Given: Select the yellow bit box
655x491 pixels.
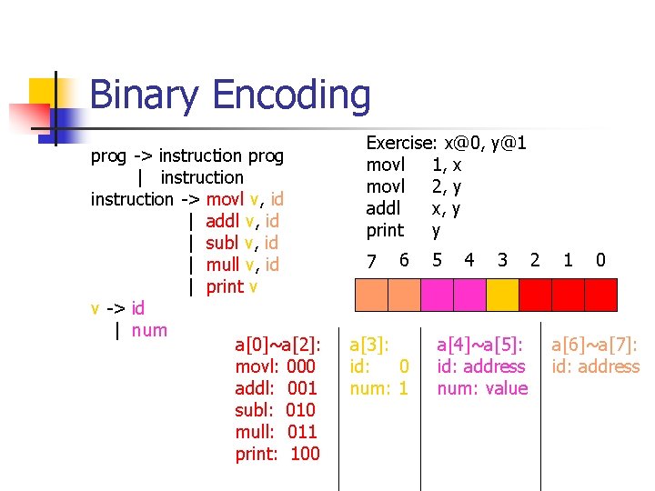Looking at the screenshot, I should tap(501, 295).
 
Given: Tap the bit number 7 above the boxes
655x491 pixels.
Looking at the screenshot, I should tap(371, 262).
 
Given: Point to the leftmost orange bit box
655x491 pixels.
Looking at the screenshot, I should tap(371, 295).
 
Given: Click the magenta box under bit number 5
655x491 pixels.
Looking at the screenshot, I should tap(437, 295).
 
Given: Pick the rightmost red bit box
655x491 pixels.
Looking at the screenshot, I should tap(600, 295).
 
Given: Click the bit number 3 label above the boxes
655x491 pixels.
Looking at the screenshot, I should tap(502, 261).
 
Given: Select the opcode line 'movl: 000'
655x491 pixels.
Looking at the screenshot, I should tap(275, 366).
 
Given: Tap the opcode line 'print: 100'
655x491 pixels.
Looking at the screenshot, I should tap(277, 454).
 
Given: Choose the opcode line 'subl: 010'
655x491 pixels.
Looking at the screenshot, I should tap(275, 410).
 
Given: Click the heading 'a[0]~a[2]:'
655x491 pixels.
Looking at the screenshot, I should tap(277, 345).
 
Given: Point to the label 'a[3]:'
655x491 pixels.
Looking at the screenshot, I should tap(369, 345).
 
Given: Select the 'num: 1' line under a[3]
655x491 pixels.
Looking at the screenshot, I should tap(378, 388).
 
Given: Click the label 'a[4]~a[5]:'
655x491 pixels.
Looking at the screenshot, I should tap(480, 345).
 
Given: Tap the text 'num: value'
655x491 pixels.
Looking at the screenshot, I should tap(482, 388).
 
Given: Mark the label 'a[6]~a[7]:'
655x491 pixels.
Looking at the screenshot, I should tap(595, 345).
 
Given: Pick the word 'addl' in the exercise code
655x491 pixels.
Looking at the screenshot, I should tap(383, 208).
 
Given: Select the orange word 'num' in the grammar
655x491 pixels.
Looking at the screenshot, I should tap(149, 330).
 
